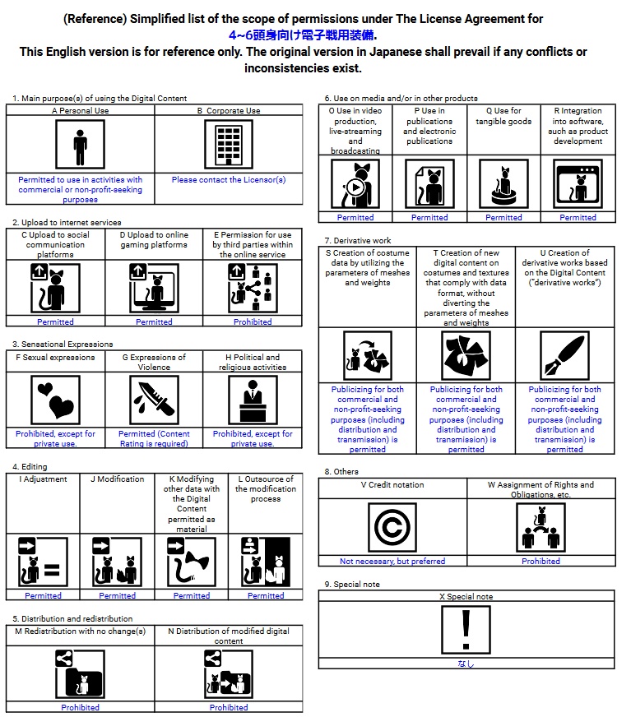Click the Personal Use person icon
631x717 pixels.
[80, 144]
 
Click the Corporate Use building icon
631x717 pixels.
[228, 144]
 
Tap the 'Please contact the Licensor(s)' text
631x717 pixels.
[229, 179]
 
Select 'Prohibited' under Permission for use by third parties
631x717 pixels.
[253, 321]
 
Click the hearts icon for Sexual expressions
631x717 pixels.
[55, 400]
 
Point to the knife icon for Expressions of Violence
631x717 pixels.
[154, 400]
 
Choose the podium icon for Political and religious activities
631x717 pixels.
[253, 400]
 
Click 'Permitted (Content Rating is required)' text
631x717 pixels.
[154, 438]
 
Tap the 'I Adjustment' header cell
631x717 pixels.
[43, 479]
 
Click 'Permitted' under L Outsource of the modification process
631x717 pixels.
[266, 595]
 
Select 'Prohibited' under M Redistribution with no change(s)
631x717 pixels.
[80, 707]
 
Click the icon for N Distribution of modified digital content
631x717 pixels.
[228, 673]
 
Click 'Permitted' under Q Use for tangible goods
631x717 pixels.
[503, 217]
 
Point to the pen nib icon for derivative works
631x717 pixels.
[564, 355]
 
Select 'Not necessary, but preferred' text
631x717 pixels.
[392, 561]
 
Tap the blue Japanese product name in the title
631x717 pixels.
[303, 35]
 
